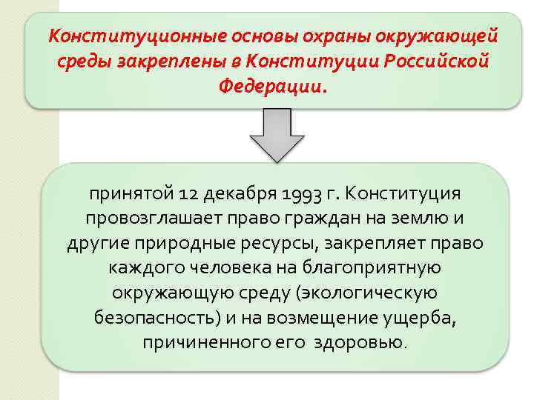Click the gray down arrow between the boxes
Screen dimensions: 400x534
click(277, 135)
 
